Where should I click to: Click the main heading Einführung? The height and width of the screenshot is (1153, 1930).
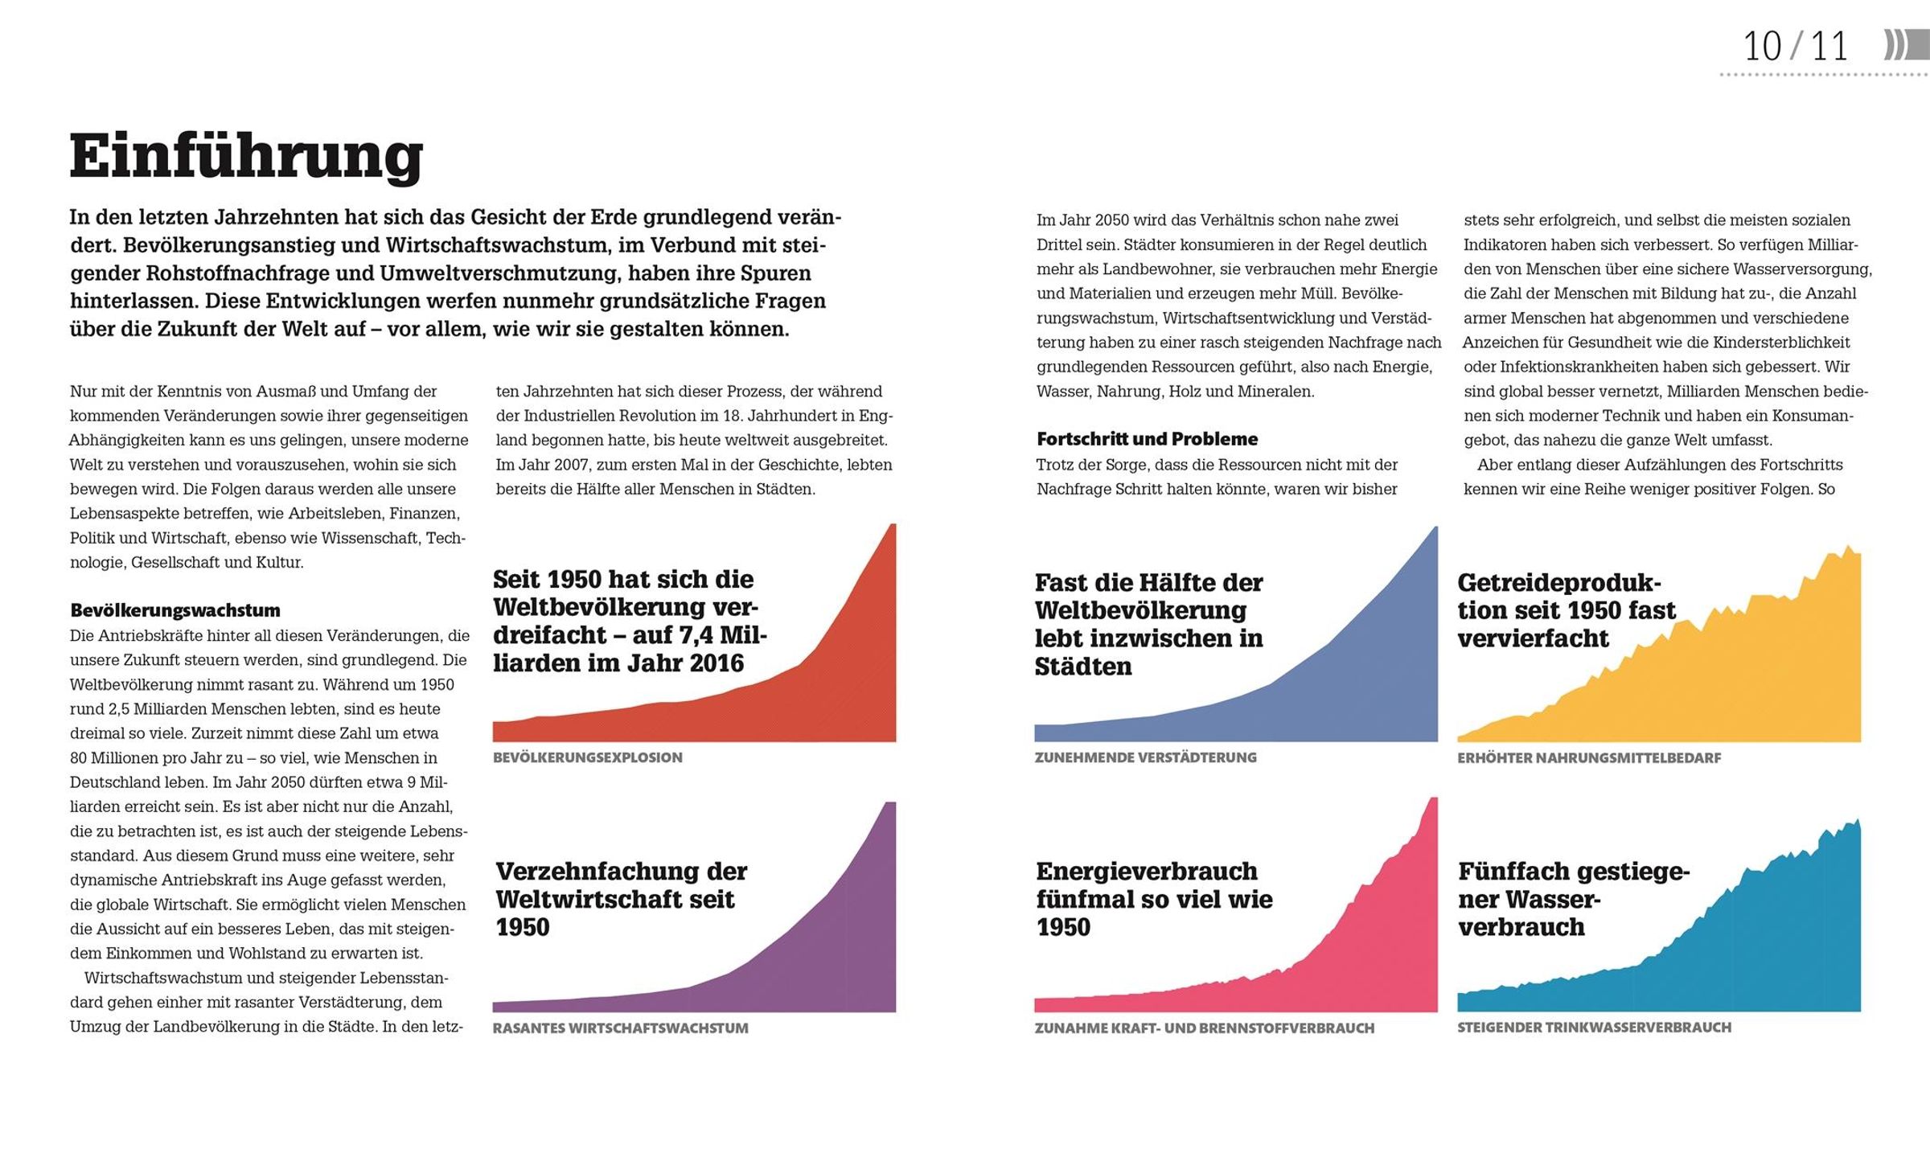click(x=246, y=157)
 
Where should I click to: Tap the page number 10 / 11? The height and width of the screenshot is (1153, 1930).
click(x=1796, y=46)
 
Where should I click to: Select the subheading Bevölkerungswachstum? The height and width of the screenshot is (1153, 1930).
click(x=175, y=610)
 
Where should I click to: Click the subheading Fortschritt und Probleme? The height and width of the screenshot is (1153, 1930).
click(x=1147, y=439)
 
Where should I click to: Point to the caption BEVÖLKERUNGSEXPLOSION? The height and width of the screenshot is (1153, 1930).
click(x=588, y=757)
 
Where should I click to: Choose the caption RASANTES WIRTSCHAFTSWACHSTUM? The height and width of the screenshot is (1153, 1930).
click(x=621, y=1028)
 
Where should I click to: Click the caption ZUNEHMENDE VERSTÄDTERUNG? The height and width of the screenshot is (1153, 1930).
click(x=1145, y=757)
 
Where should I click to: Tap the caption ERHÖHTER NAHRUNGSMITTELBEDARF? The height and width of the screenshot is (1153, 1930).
click(x=1589, y=757)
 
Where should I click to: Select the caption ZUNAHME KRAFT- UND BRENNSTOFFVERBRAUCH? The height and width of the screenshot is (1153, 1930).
click(x=1205, y=1028)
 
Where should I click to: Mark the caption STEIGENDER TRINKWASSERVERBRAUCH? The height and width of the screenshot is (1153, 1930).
click(x=1594, y=1027)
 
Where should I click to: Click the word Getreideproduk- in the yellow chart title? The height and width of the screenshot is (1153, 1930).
click(x=1559, y=583)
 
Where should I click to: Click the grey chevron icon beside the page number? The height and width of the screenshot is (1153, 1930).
click(x=1906, y=45)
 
